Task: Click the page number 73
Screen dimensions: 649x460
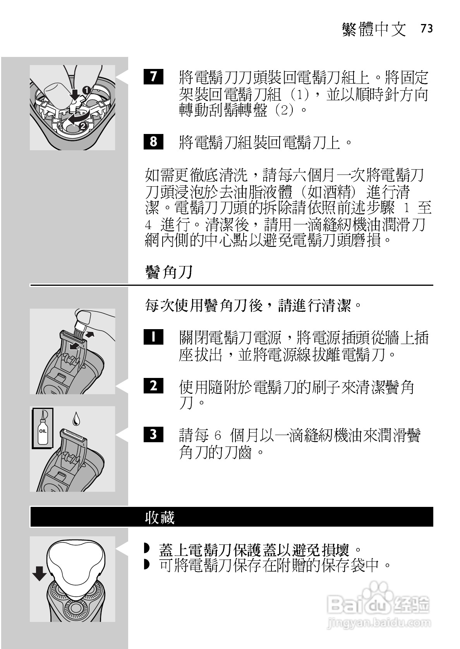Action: tap(426, 29)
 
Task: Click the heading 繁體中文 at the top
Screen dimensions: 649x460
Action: tap(374, 29)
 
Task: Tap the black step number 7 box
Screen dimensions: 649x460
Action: tap(153, 77)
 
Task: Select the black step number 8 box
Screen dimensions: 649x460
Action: tap(153, 141)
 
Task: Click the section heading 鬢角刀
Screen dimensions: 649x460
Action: tap(168, 272)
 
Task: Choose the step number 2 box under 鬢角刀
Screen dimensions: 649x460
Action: tap(153, 386)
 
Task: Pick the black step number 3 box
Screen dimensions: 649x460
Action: tap(153, 434)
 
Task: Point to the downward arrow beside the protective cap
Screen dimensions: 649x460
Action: tap(39, 574)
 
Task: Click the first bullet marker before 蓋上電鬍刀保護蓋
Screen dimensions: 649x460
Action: tap(146, 549)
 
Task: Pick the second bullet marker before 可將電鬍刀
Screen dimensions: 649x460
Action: tap(146, 565)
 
